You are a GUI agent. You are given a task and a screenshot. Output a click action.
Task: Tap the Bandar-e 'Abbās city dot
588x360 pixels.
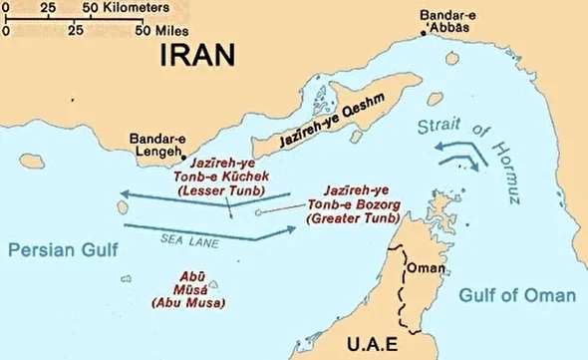[x=424, y=34]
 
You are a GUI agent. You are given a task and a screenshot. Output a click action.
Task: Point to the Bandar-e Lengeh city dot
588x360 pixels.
[x=183, y=158]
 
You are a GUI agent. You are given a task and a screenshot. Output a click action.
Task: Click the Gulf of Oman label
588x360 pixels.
[x=517, y=295]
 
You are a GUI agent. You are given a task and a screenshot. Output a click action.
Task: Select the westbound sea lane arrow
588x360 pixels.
[x=199, y=193]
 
